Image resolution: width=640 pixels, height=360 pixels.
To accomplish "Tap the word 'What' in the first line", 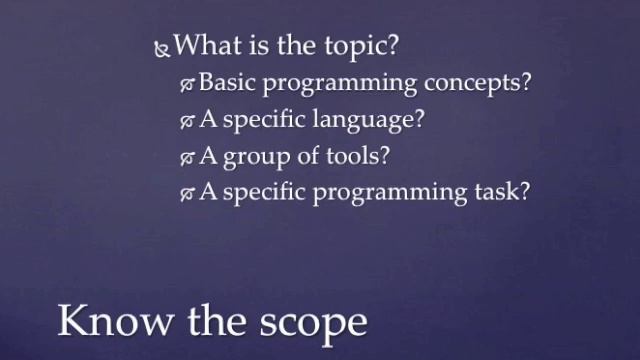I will point(206,45).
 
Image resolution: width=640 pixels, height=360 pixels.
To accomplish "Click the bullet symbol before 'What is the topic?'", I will point(163,47).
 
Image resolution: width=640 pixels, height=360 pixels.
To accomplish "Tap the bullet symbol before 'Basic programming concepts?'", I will point(187,84).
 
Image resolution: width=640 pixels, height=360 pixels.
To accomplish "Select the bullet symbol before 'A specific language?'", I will point(187,121).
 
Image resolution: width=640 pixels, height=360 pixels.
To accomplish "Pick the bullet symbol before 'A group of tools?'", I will point(187,157).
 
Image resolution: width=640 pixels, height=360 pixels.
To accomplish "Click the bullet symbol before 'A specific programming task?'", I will point(187,193).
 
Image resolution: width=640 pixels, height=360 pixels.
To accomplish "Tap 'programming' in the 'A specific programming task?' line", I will point(379,193).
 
